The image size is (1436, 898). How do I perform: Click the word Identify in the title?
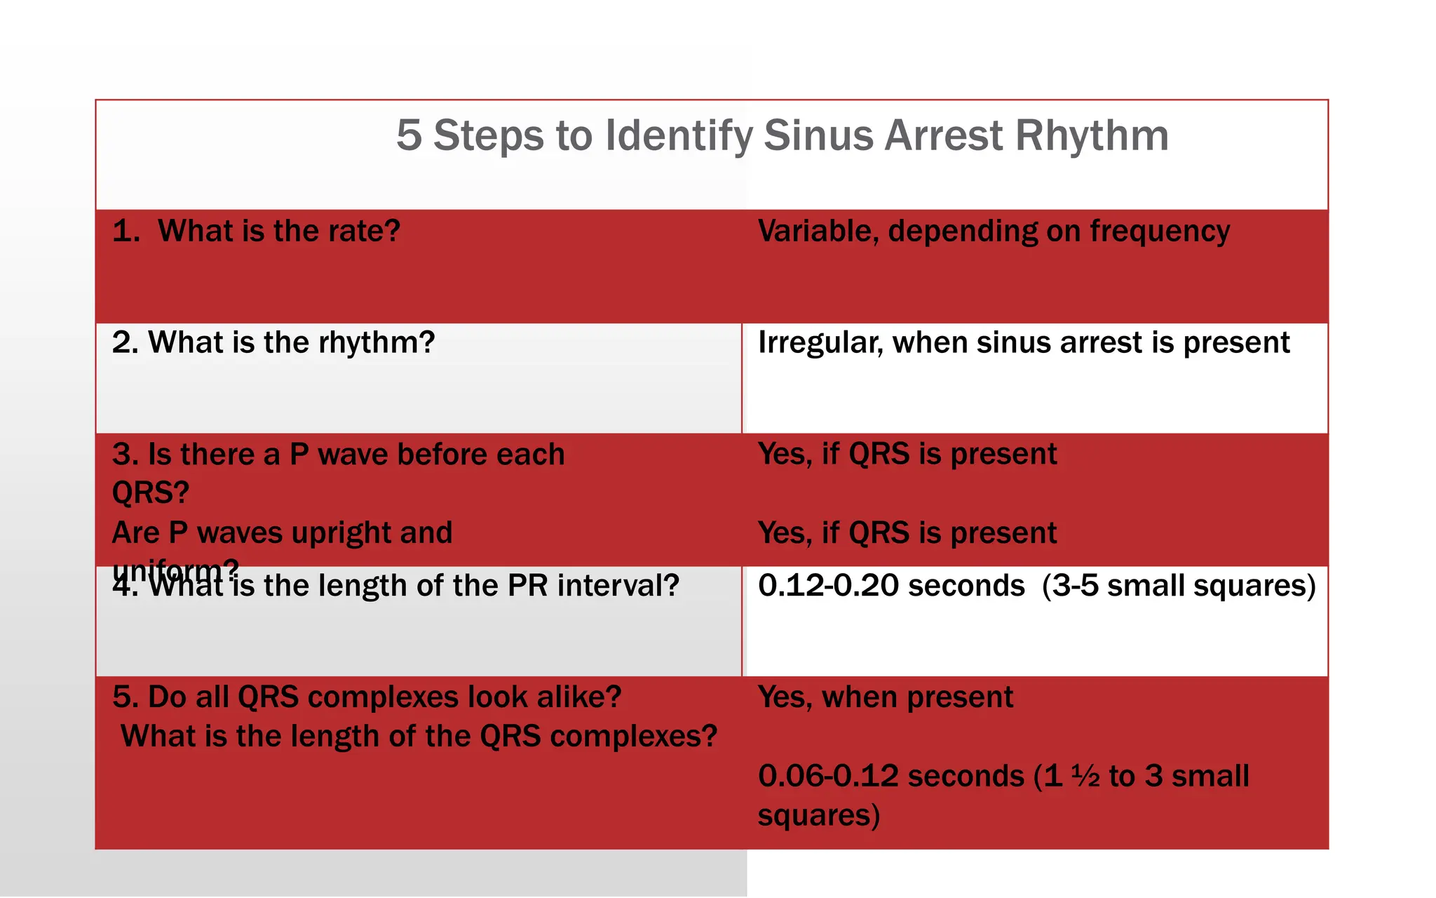[x=678, y=136]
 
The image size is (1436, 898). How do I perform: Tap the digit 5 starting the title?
[x=409, y=135]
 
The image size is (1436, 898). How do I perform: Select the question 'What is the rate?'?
[x=278, y=231]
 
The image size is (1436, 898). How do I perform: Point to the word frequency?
[x=1160, y=232]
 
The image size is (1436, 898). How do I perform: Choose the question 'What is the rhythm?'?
[x=291, y=342]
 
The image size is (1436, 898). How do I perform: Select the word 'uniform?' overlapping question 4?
[x=175, y=570]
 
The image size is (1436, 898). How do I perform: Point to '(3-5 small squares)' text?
[x=1179, y=586]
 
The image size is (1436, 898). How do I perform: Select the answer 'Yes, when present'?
[x=886, y=697]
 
